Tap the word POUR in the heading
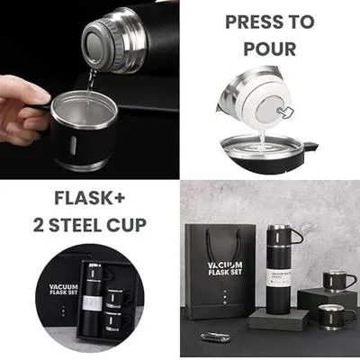point(271,47)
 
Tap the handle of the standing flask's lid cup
point(297,237)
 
